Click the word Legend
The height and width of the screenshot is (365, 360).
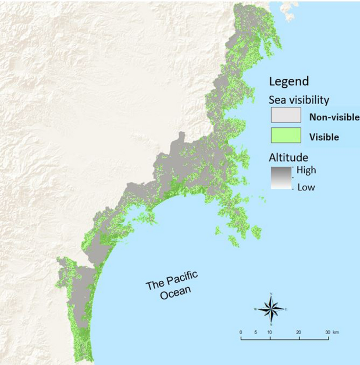point(288,82)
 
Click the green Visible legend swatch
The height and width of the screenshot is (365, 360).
point(285,136)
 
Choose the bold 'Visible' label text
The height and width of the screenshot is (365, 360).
point(324,137)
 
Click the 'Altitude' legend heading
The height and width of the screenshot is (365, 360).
point(288,157)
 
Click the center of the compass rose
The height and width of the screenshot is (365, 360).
point(271,309)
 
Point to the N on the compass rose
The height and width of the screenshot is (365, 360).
point(271,295)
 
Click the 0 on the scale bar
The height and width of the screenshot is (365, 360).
point(240,332)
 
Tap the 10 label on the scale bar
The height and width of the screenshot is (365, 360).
point(270,332)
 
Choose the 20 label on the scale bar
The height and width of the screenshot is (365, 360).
point(299,332)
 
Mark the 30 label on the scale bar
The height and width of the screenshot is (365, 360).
point(327,332)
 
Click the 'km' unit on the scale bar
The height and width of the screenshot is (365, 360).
point(336,332)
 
